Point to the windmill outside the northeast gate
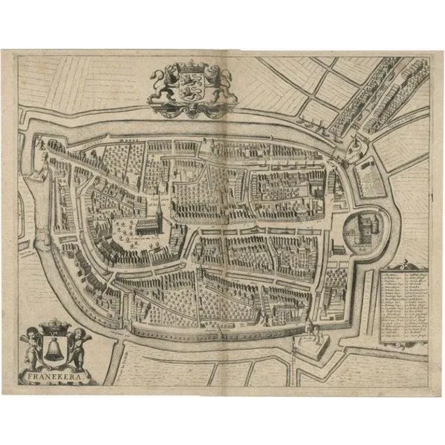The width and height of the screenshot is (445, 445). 354,146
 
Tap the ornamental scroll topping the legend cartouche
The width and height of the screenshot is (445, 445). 406,264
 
